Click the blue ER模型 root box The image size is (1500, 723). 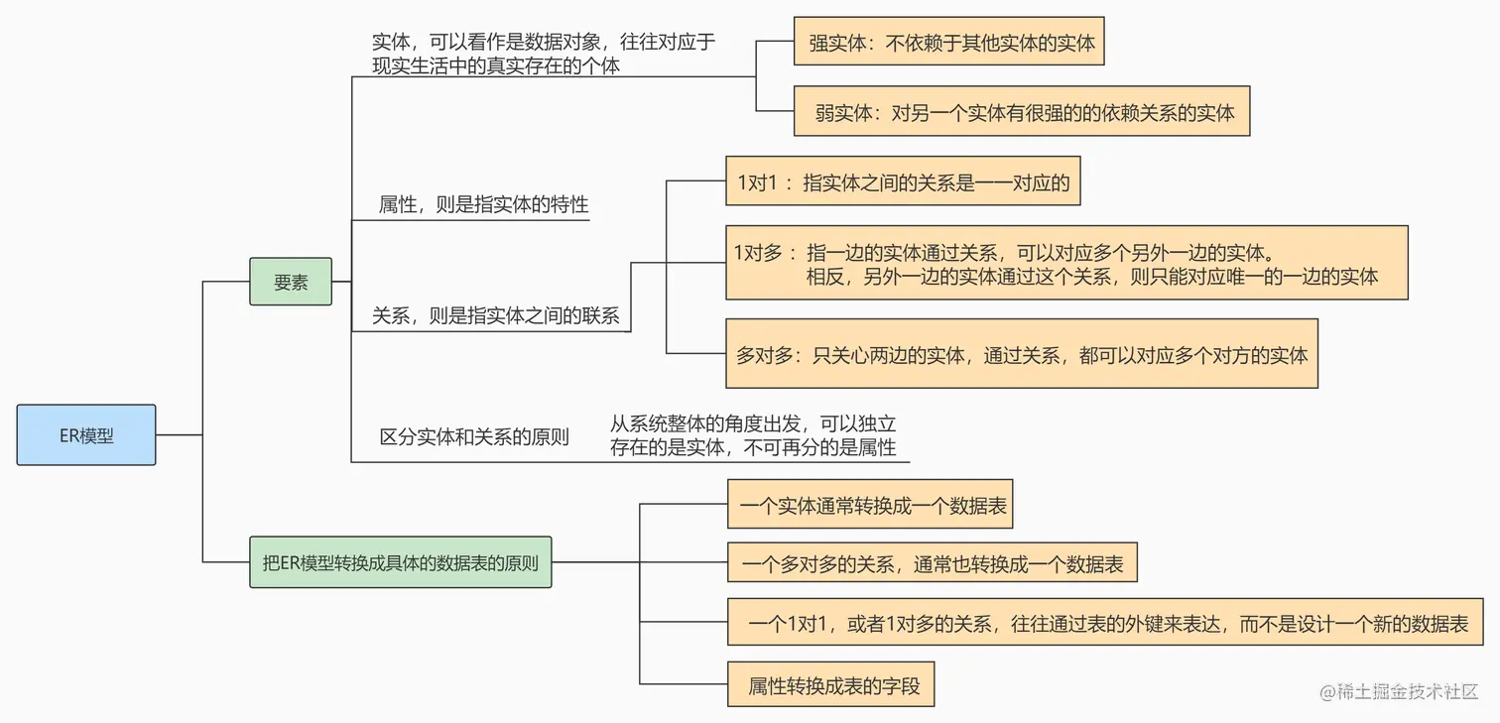[x=86, y=434]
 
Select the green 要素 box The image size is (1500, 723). [x=291, y=282]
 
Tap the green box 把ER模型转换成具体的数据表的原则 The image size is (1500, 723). [x=400, y=562]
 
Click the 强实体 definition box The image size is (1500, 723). [x=949, y=42]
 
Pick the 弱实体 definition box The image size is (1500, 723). [x=1021, y=111]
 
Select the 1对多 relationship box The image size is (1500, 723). [x=1066, y=263]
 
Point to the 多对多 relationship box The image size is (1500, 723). [x=1021, y=354]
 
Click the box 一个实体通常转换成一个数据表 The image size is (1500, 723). [x=870, y=506]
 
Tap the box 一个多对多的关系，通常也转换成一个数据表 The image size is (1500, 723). [x=932, y=563]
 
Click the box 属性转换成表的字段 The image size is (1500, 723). [x=830, y=683]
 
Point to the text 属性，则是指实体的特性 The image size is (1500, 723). [x=483, y=205]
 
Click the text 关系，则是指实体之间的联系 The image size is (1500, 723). [x=495, y=315]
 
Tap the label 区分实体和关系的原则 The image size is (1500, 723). [x=474, y=436]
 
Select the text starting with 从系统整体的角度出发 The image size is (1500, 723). [x=753, y=435]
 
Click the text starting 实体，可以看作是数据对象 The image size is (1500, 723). [x=543, y=54]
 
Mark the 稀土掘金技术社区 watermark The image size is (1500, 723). [x=1399, y=691]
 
